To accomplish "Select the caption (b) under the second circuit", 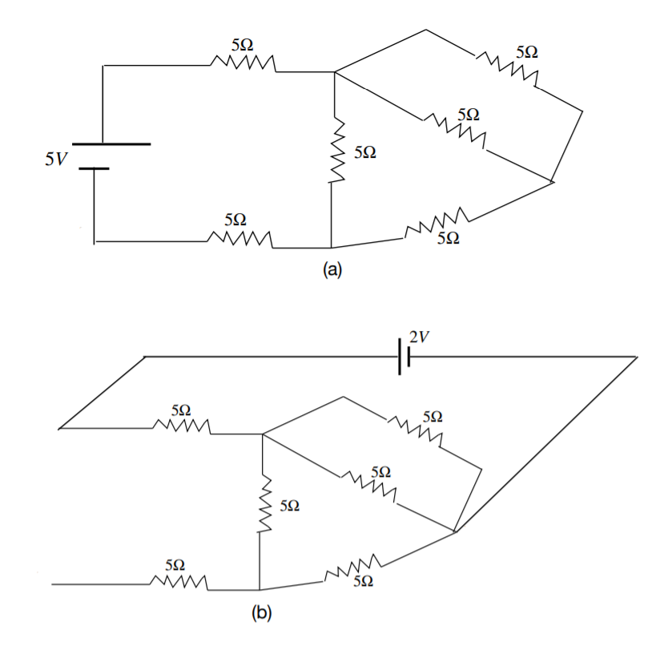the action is point(262,615).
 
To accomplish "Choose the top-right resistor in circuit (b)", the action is point(416,430).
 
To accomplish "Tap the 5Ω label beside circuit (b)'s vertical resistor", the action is point(290,506).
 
